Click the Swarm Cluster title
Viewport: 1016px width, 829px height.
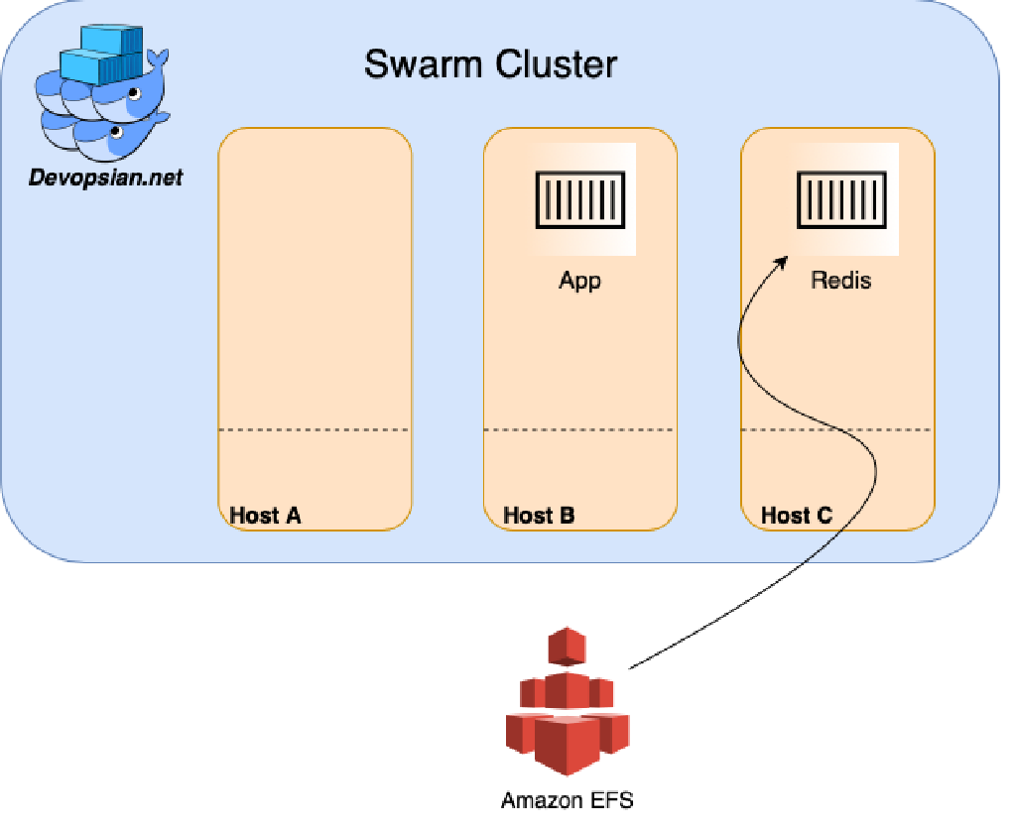pos(490,64)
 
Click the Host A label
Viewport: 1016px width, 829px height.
pos(265,515)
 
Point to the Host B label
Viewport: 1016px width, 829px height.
pos(539,515)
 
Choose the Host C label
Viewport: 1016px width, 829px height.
pos(797,515)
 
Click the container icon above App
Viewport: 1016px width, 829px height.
pos(580,199)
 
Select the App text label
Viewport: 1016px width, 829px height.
pos(580,281)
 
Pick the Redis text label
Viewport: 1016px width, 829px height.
pos(841,281)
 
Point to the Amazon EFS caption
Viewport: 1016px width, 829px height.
pos(567,800)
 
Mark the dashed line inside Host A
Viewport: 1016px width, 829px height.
pos(315,429)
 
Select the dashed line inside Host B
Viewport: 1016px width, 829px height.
pos(579,429)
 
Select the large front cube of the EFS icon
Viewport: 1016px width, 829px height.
pos(565,744)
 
